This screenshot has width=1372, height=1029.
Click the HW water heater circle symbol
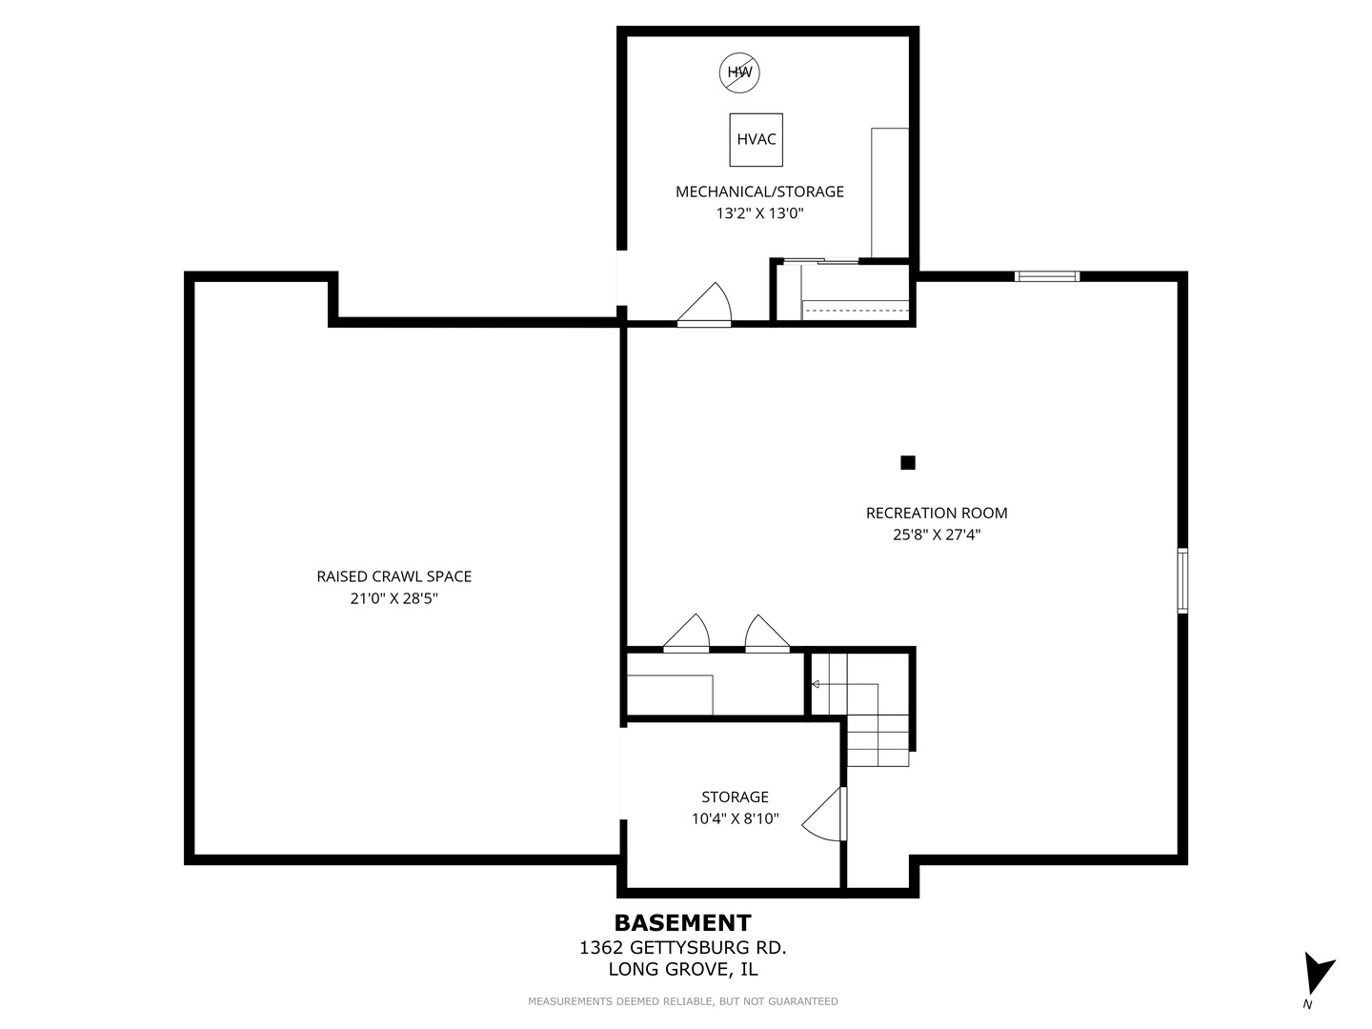coord(739,73)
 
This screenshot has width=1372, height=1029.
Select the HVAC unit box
coord(756,140)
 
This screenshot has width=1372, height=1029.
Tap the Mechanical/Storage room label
coord(759,192)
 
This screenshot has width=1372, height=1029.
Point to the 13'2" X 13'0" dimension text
coord(759,213)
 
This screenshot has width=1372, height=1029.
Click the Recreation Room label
coord(937,513)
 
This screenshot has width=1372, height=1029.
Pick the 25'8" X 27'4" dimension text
coord(937,535)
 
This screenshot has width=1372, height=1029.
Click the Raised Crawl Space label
coord(393,576)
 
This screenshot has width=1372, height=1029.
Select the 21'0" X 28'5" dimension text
coord(393,598)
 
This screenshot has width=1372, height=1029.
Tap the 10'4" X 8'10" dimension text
coord(735,818)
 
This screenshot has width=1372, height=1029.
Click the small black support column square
coord(908,463)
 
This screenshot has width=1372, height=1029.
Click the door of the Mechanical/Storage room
coord(704,305)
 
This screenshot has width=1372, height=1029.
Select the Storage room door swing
coord(824,814)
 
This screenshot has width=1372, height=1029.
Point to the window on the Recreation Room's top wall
coord(1047,276)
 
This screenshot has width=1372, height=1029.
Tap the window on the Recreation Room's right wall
coord(1182,580)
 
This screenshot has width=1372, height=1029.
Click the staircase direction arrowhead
coord(815,685)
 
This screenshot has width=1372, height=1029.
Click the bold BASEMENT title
coord(682,923)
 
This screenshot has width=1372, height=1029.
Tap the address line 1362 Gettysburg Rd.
coord(682,948)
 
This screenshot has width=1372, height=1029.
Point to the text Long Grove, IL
coord(682,970)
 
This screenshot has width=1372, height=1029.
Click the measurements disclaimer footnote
coord(682,1001)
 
